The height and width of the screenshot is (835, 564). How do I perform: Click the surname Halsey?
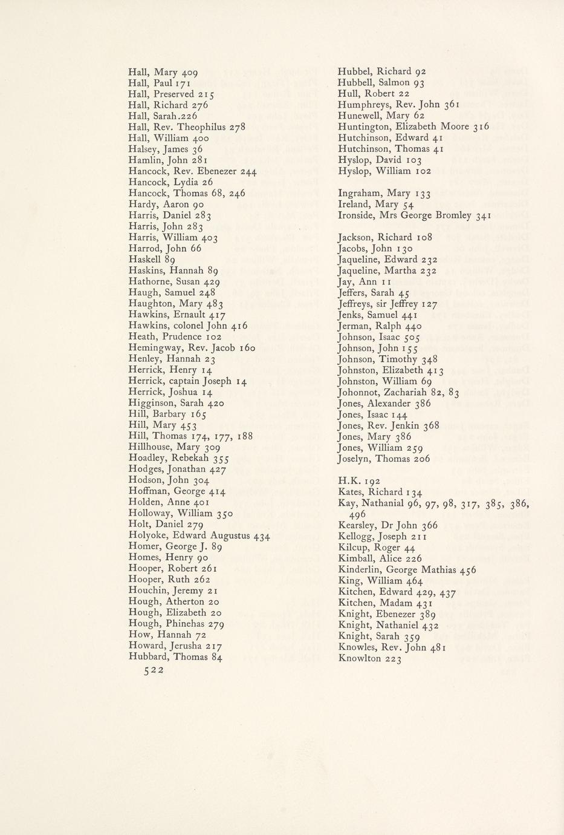click(x=143, y=149)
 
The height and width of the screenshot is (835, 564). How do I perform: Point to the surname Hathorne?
click(x=149, y=281)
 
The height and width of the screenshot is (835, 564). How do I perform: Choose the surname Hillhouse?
click(x=150, y=447)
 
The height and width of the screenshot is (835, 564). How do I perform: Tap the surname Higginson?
click(x=151, y=403)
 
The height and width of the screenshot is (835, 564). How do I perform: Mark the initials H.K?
click(x=348, y=481)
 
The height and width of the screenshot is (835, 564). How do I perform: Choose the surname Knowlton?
click(x=360, y=658)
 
